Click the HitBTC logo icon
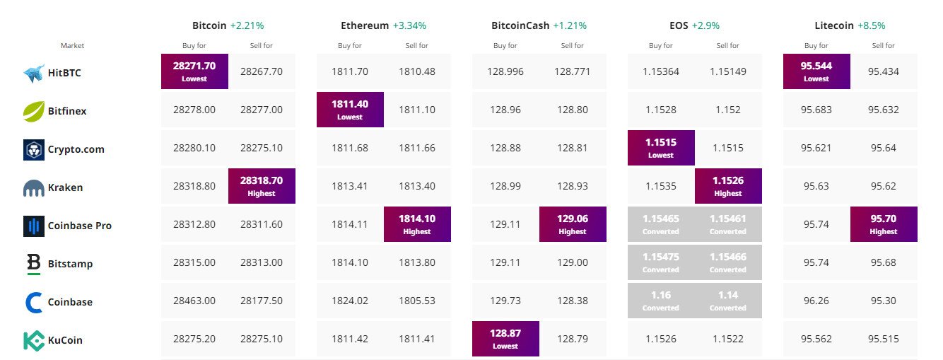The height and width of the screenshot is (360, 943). pyautogui.click(x=34, y=74)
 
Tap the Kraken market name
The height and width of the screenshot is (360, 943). pyautogui.click(x=65, y=187)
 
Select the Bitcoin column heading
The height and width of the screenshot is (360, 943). pyautogui.click(x=209, y=25)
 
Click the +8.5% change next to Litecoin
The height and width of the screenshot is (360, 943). pyautogui.click(x=872, y=25)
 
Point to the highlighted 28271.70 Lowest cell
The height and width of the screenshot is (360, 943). pyautogui.click(x=194, y=71)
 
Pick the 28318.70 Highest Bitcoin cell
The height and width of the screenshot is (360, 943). pyautogui.click(x=262, y=186)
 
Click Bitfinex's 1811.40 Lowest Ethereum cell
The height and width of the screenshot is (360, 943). pyautogui.click(x=350, y=110)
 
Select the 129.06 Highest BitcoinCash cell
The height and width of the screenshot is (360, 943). pyautogui.click(x=573, y=224)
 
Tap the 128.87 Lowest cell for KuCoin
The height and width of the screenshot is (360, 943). pyautogui.click(x=505, y=339)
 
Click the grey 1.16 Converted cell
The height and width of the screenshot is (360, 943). pyautogui.click(x=661, y=301)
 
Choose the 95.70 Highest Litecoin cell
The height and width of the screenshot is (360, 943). pyautogui.click(x=884, y=224)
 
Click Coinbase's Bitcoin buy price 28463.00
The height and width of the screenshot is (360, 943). pyautogui.click(x=194, y=301)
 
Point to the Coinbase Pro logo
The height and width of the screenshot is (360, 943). pyautogui.click(x=34, y=226)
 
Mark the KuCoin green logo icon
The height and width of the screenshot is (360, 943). pyautogui.click(x=34, y=341)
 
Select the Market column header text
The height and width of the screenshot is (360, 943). pyautogui.click(x=72, y=45)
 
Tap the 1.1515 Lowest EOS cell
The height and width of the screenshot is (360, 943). pyautogui.click(x=661, y=148)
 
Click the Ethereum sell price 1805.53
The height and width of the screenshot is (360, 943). pyautogui.click(x=417, y=301)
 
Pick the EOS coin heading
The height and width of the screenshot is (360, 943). pyautogui.click(x=679, y=25)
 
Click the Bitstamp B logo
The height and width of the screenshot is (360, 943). pyautogui.click(x=34, y=264)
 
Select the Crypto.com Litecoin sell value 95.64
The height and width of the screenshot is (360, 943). pyautogui.click(x=884, y=148)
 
